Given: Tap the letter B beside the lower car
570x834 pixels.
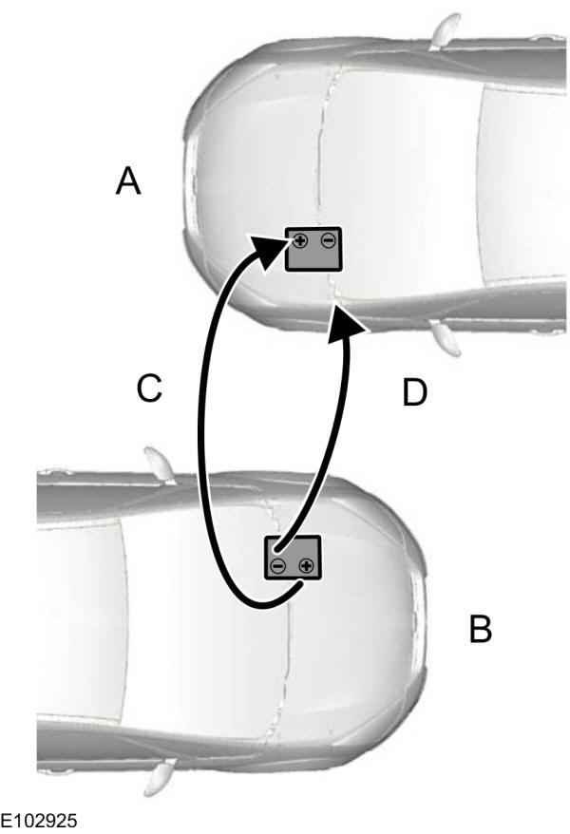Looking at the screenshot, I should (481, 629).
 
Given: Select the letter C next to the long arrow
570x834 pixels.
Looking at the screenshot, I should (149, 389).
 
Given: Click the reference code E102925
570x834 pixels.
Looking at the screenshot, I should (40, 819).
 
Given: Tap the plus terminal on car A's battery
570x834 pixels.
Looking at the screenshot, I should (299, 241).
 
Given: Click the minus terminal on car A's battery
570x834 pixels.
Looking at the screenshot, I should (328, 241).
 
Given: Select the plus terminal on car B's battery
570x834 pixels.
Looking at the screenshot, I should (306, 567).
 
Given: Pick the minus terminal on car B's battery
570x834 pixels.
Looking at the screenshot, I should (277, 567).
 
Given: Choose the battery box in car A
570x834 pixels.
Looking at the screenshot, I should (313, 250).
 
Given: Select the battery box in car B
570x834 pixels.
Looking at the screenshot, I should (293, 557).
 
